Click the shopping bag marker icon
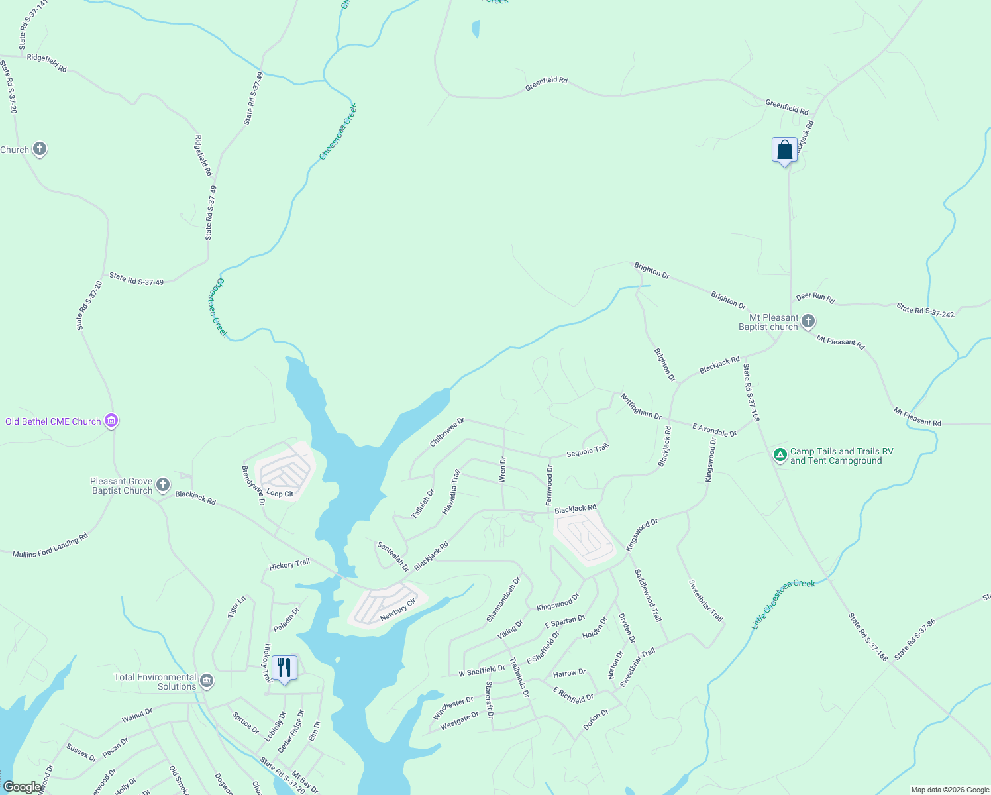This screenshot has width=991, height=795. tap(784, 150)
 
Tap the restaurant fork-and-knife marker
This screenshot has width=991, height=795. tap(284, 668)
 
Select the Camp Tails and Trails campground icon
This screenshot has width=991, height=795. tap(780, 455)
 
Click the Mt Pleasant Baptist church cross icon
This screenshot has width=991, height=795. tap(808, 322)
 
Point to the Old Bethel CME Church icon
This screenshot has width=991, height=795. tap(111, 421)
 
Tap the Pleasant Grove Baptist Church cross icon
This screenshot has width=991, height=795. tap(163, 485)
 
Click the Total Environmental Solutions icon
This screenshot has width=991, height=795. tap(207, 681)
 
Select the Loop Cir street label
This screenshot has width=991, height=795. tap(280, 494)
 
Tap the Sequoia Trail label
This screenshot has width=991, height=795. tap(587, 451)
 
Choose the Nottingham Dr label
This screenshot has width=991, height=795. tap(641, 406)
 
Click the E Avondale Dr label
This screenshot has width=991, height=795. tap(714, 430)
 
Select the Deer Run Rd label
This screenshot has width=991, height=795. tap(815, 297)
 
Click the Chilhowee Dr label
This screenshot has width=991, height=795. tap(447, 432)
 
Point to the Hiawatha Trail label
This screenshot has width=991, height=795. tap(451, 492)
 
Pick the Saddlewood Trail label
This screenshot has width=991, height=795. tap(648, 595)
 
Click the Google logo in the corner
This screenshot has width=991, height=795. tap(22, 786)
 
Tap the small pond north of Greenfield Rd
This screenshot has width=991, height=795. tap(476, 28)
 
